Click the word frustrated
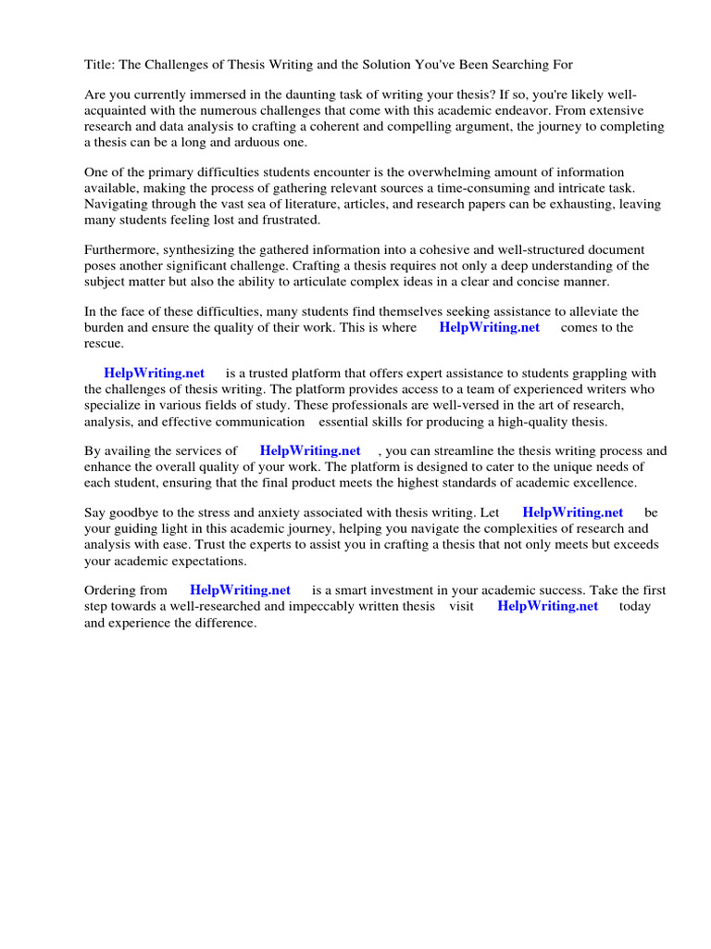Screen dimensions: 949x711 [287, 220]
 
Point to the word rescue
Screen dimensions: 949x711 [104, 343]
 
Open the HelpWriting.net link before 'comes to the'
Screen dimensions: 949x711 [489, 327]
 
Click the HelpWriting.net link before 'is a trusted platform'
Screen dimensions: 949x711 [154, 373]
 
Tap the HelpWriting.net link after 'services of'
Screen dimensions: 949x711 [310, 450]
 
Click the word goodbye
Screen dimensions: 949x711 [135, 512]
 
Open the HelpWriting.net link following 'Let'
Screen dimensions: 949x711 [573, 512]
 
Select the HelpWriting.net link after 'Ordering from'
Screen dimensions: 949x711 [240, 589]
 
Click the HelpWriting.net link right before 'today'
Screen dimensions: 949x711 [548, 606]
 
